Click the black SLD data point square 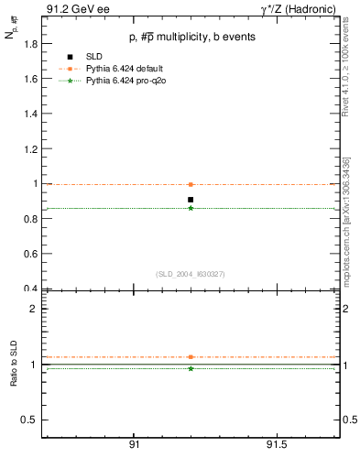coord(191,200)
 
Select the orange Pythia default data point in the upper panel coord(191,184)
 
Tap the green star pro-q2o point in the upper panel coord(191,208)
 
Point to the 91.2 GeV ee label coord(71,9)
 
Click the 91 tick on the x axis coord(134,443)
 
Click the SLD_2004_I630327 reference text coord(190,274)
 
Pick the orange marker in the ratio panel coord(191,356)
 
